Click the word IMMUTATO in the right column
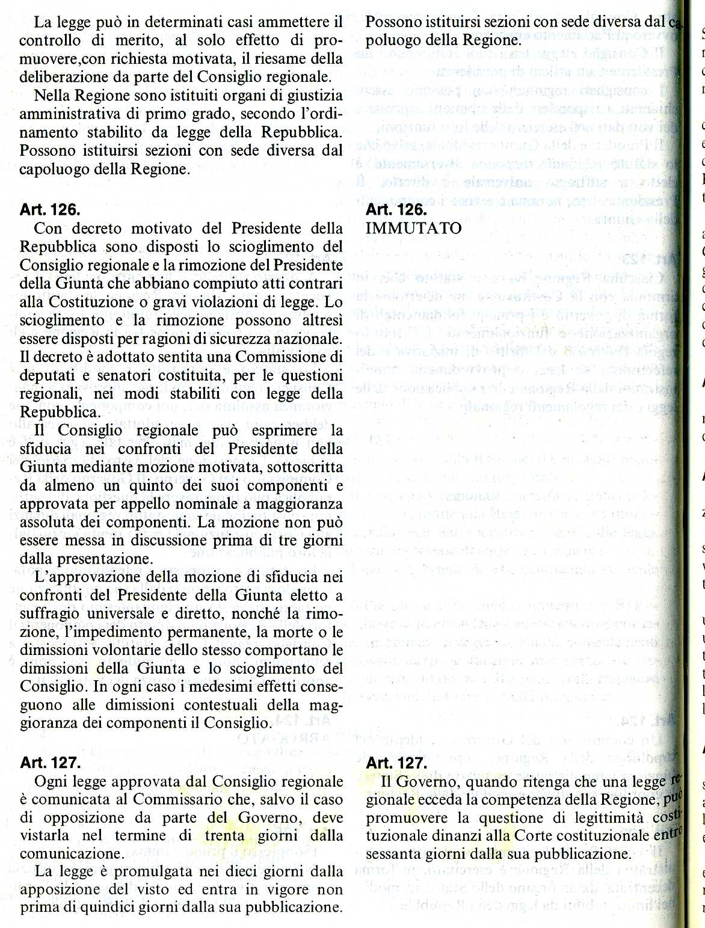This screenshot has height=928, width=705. pyautogui.click(x=414, y=229)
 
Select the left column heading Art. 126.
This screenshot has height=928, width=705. pyautogui.click(x=50, y=210)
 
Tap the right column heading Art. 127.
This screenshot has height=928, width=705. pyautogui.click(x=396, y=763)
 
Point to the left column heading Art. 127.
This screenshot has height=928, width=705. pyautogui.click(x=50, y=763)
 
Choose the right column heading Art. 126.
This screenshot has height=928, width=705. pyautogui.click(x=396, y=210)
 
